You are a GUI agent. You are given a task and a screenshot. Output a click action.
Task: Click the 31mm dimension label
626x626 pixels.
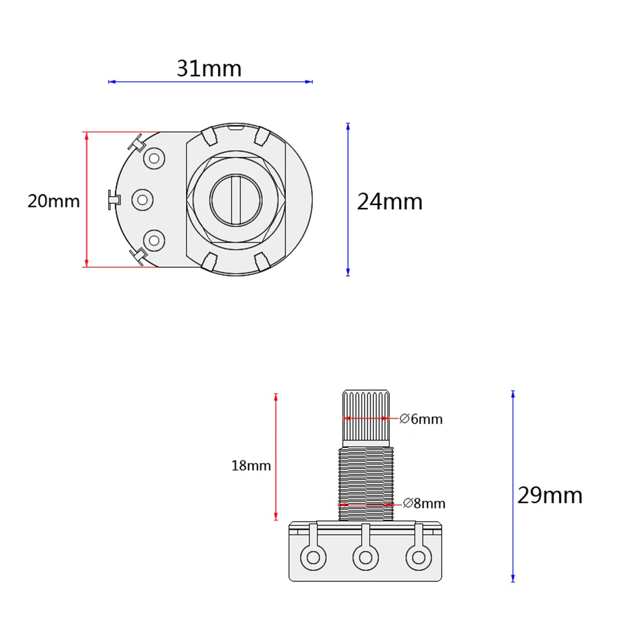click(209, 68)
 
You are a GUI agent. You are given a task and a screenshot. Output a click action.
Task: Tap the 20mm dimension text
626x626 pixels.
click(53, 201)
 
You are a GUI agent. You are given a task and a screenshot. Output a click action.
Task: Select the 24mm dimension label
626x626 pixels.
click(390, 201)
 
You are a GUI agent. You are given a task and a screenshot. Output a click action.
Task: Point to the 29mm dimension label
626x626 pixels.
click(550, 495)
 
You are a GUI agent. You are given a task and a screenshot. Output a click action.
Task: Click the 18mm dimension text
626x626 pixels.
click(251, 465)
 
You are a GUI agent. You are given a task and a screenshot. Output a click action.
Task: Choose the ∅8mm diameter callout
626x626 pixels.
click(424, 503)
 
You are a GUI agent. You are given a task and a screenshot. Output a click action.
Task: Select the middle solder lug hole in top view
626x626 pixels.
click(143, 199)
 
